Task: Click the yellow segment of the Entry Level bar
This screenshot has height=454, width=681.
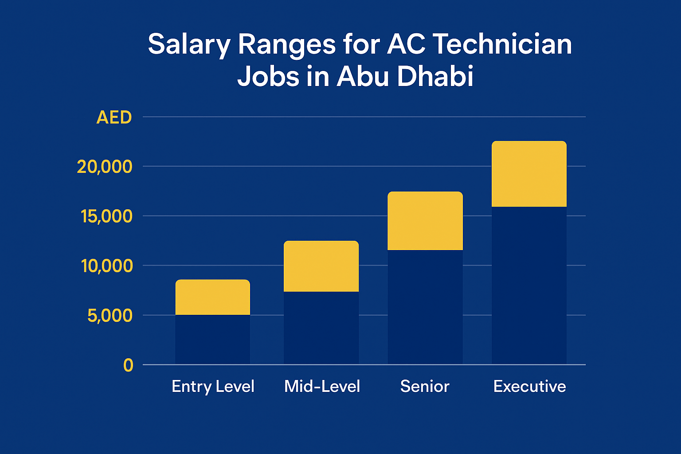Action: [213, 297]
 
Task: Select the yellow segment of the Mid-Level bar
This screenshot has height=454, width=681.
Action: [321, 266]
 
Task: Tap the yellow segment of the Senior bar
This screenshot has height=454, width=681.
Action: [425, 221]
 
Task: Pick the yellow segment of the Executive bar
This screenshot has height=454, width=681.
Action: [529, 174]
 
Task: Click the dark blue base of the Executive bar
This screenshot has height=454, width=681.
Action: [529, 286]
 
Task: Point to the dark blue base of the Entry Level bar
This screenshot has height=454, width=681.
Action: [213, 340]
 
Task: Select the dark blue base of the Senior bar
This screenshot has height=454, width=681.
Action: [425, 307]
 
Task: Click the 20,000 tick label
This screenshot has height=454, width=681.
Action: [105, 167]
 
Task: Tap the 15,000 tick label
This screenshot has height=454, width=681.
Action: [106, 216]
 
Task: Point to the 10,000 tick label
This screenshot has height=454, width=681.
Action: [106, 266]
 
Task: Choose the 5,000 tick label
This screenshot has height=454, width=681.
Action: [110, 316]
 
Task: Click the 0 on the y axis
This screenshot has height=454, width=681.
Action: [128, 365]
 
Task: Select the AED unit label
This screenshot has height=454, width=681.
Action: [114, 117]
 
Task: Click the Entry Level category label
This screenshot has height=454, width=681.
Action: [213, 387]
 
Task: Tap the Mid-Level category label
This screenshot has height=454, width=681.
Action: [322, 387]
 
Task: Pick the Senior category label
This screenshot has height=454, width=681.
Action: [425, 387]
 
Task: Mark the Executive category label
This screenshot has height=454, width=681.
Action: [529, 387]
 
